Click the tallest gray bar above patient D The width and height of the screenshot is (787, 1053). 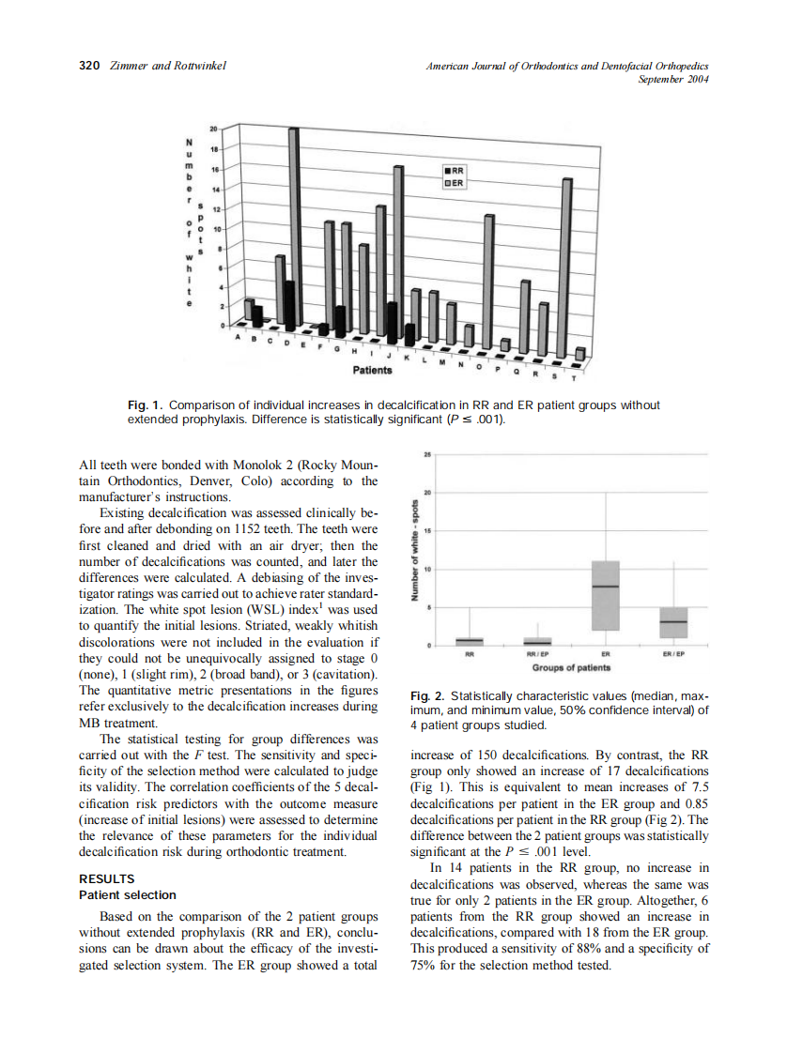[x=294, y=225]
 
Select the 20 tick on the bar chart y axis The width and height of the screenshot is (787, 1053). [x=212, y=127]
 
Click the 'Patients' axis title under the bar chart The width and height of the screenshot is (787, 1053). [x=372, y=371]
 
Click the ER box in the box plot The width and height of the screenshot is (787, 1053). [x=608, y=595]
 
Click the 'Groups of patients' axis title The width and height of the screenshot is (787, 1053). [x=571, y=668]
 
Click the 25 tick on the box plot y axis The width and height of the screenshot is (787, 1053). [x=427, y=454]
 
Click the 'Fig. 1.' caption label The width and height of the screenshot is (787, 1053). [x=146, y=405]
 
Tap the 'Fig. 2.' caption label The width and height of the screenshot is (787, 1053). [x=429, y=696]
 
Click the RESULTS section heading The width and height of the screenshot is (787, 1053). [x=106, y=879]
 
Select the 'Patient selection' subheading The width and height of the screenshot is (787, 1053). [x=127, y=895]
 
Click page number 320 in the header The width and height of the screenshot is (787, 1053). [x=88, y=66]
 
